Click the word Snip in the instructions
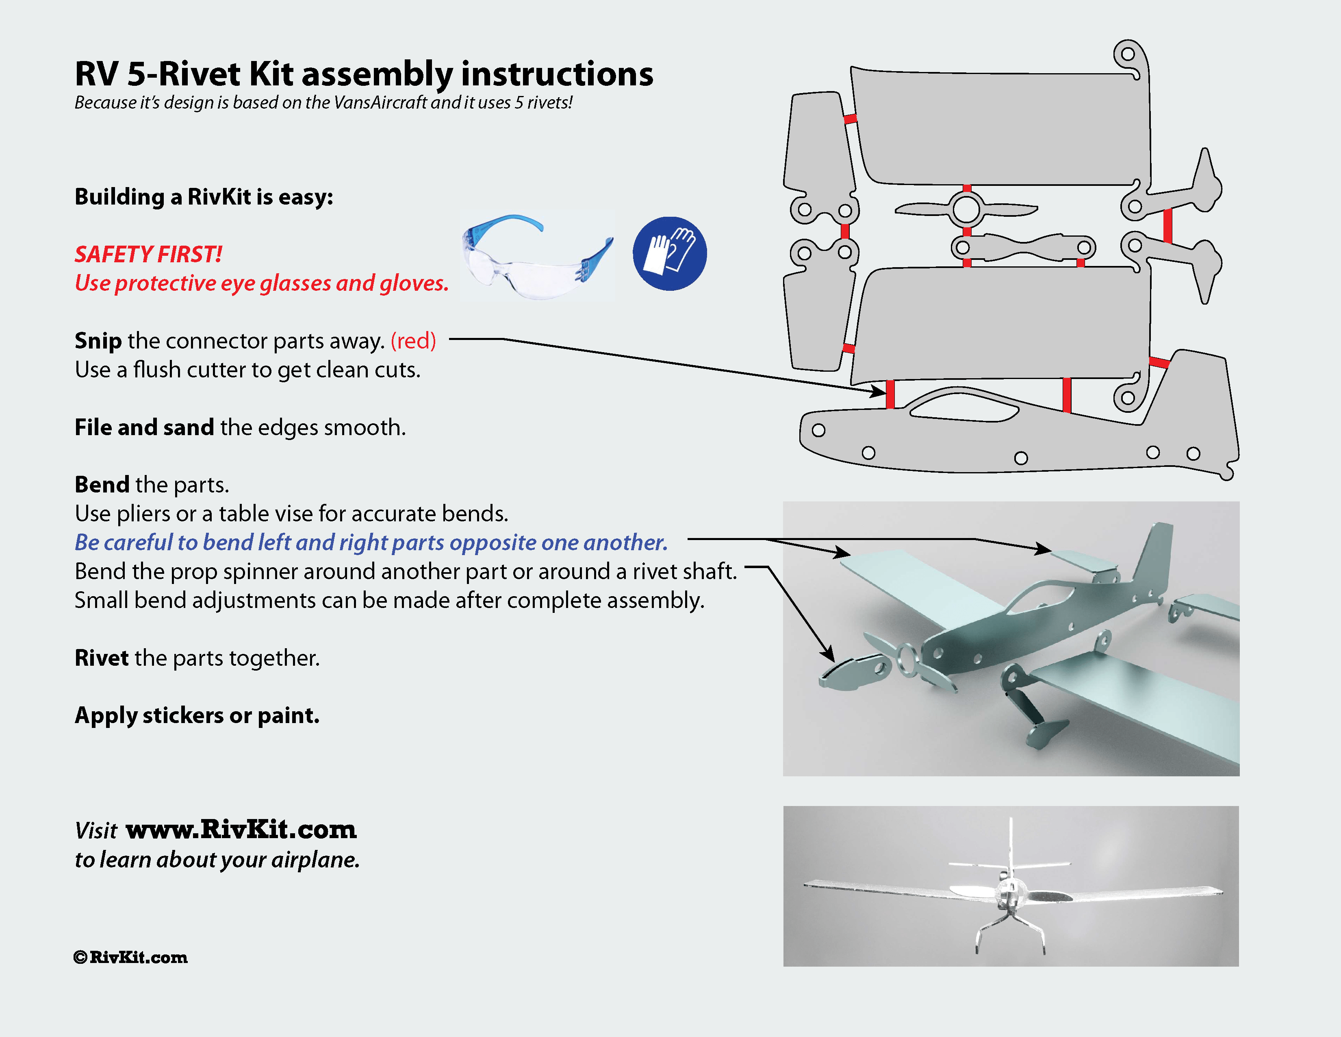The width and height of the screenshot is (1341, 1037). (98, 340)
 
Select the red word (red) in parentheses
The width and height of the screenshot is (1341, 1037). (413, 340)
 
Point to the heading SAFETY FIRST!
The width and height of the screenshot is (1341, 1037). (148, 254)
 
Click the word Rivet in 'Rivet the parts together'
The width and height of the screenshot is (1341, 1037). (101, 658)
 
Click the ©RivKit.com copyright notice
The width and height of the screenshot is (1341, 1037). (130, 957)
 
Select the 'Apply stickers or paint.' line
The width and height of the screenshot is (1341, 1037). (197, 715)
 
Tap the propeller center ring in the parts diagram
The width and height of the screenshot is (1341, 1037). (966, 209)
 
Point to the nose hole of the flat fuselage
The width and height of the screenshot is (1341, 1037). (818, 430)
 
